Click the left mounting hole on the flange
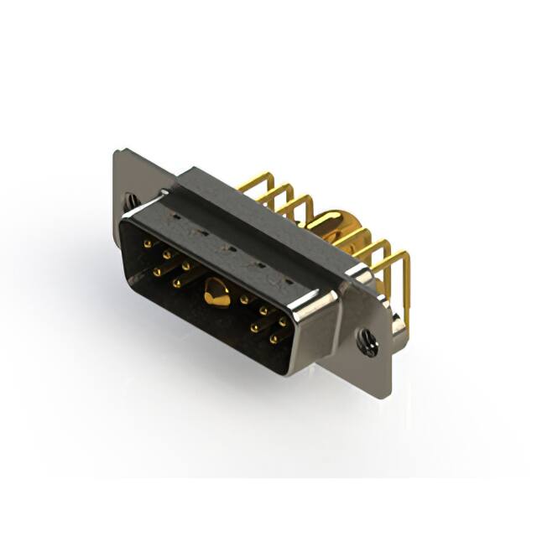131,201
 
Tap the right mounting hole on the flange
367,341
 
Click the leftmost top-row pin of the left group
148,244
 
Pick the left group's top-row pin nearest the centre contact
186,266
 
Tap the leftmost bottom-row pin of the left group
157,271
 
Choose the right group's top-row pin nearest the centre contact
244,299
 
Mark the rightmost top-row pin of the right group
283,321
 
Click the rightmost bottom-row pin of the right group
274,340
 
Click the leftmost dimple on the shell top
173,221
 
